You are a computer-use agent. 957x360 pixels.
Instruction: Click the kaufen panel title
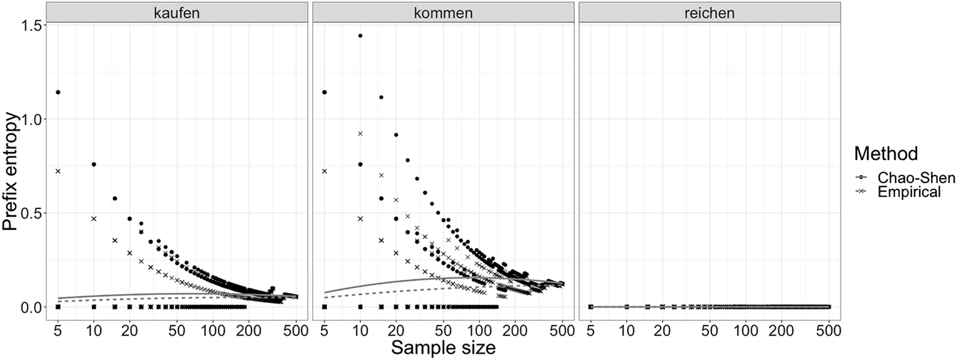[176, 12]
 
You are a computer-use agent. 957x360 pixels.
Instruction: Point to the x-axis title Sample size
[442, 349]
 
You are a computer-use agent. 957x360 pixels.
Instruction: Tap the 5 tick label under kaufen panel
[58, 330]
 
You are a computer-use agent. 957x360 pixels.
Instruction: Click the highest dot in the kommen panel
[360, 36]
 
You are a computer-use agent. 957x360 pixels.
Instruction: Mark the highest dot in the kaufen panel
[58, 92]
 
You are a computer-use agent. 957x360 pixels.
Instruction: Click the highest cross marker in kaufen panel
[58, 171]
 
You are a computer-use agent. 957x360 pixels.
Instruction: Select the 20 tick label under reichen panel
[662, 330]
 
